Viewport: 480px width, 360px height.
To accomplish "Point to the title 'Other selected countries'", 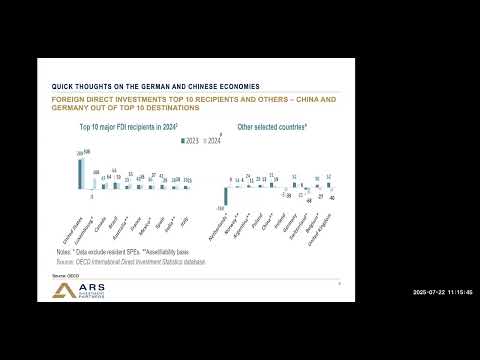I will click(273, 128).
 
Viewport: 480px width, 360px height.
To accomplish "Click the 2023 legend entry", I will click(190, 141).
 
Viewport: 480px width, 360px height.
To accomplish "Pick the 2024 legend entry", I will click(210, 141).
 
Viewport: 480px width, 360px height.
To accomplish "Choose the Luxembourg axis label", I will click(87, 230).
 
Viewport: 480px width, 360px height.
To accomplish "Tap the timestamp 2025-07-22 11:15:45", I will click(440, 292).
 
